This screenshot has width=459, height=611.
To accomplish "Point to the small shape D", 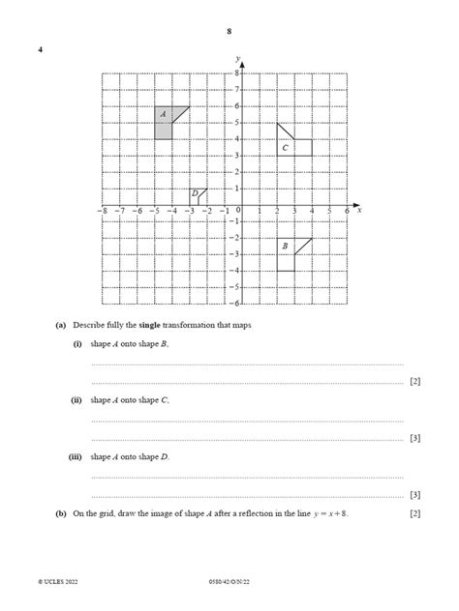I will pyautogui.click(x=197, y=197).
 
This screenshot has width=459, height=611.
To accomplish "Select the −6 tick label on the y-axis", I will pyautogui.click(x=233, y=288).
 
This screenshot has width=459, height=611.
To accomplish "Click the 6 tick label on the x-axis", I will pyautogui.click(x=346, y=211).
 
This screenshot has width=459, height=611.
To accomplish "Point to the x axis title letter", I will pyautogui.click(x=359, y=210).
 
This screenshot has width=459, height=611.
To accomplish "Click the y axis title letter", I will pyautogui.click(x=237, y=59).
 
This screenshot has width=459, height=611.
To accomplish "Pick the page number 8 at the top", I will pyautogui.click(x=229, y=32).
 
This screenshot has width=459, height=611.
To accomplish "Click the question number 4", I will pyautogui.click(x=41, y=49).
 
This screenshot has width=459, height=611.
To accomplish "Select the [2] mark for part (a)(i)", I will pyautogui.click(x=414, y=381).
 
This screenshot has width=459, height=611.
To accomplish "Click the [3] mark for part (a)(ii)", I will pyautogui.click(x=414, y=437).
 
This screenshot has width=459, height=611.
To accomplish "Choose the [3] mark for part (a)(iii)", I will pyautogui.click(x=414, y=494).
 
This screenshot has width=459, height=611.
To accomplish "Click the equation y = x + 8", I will pyautogui.click(x=324, y=513).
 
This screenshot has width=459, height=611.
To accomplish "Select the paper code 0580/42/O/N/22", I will pyautogui.click(x=229, y=582).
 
